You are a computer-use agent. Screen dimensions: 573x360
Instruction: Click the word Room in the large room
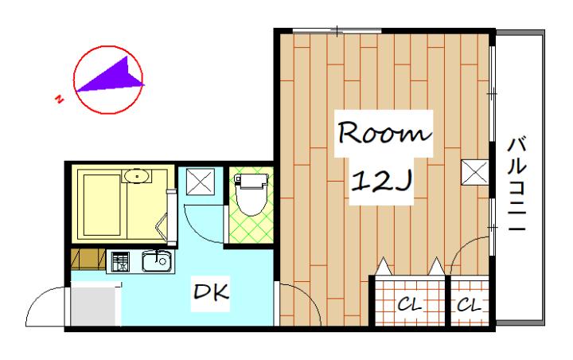click(x=384, y=133)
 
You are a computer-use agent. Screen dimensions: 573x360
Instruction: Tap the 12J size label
click(x=382, y=180)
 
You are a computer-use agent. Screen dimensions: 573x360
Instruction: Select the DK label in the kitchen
click(x=211, y=292)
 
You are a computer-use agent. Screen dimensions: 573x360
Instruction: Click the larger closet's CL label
click(x=409, y=304)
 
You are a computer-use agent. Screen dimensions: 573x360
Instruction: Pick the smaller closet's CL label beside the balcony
click(x=469, y=304)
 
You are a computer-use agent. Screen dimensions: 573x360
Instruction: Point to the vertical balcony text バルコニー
click(x=517, y=184)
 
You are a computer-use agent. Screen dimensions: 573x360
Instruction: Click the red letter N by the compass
click(x=58, y=99)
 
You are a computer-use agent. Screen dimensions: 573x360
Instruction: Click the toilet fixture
click(x=251, y=194)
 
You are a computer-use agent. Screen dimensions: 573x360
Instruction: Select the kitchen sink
click(x=158, y=261)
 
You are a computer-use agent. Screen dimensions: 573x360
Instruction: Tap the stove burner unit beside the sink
click(x=120, y=262)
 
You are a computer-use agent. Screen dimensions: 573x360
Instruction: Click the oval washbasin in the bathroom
click(x=136, y=176)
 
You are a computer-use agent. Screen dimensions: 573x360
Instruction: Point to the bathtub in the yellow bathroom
click(x=102, y=205)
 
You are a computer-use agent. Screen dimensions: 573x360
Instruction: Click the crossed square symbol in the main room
click(x=474, y=172)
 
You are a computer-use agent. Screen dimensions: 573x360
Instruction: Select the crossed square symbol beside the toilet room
click(x=201, y=182)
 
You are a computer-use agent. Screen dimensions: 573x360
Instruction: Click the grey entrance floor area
click(x=95, y=305)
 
